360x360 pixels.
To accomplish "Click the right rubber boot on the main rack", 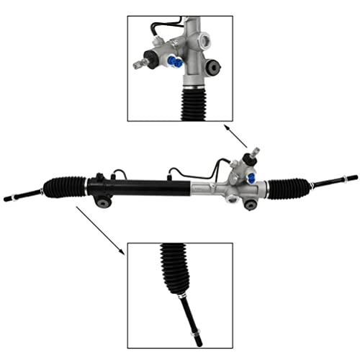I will tap(289, 186).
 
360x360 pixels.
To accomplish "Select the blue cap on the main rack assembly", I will tap(250, 177).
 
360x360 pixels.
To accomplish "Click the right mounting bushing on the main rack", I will tap(250, 204).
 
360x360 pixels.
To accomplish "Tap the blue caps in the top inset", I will tap(175, 62).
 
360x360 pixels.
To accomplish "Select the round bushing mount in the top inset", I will tap(214, 68).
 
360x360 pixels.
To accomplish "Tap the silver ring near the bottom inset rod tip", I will tap(195, 333).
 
